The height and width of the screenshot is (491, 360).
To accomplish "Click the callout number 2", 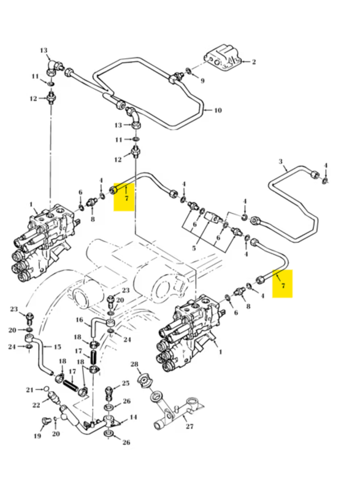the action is click(254, 62).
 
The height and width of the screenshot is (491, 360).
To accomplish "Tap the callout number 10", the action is click(218, 110).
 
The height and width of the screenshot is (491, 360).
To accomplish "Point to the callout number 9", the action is click(202, 81).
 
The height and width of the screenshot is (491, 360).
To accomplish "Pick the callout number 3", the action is click(280, 162).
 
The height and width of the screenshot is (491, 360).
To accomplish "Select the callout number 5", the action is click(194, 249).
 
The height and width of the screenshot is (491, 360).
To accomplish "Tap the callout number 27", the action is click(190, 426).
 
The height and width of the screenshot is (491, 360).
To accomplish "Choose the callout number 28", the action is click(134, 364).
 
